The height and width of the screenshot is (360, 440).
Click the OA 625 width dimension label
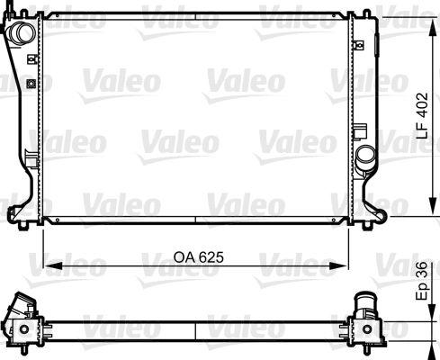196,256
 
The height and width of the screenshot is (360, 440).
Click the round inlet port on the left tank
22,32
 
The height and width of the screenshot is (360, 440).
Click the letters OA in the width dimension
180,256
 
